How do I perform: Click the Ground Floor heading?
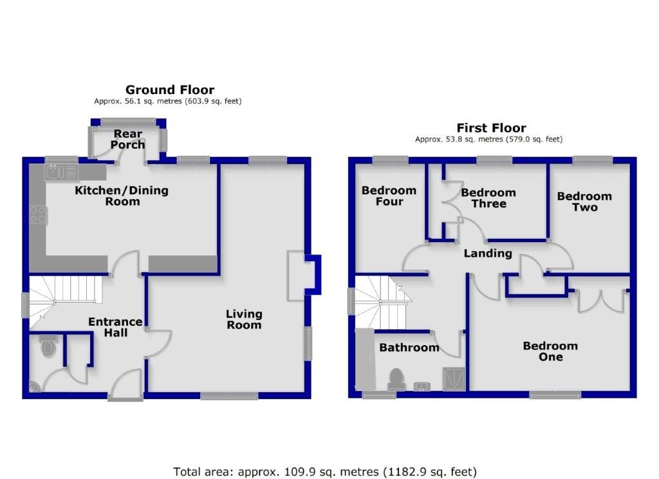click(169, 89)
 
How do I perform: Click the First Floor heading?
click(491, 128)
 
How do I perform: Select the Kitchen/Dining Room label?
click(122, 196)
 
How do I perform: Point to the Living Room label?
click(244, 319)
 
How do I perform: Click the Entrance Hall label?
click(115, 327)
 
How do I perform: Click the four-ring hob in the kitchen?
click(37, 214)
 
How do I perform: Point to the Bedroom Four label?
click(389, 196)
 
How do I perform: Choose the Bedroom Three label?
click(488, 198)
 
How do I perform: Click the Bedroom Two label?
click(584, 202)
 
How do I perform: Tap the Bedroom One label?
click(550, 352)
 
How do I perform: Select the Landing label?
click(488, 253)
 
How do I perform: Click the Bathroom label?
click(409, 348)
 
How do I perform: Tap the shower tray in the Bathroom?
click(452, 379)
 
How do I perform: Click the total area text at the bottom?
click(325, 471)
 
